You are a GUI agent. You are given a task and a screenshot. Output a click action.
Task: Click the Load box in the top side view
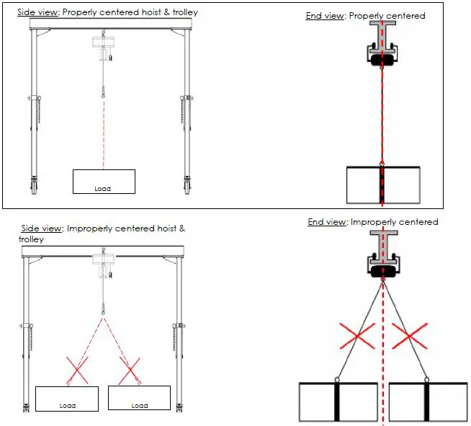click(x=104, y=182)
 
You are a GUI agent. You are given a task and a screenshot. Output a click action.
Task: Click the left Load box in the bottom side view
click(x=67, y=398)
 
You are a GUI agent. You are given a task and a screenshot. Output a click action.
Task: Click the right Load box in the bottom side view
click(x=139, y=398)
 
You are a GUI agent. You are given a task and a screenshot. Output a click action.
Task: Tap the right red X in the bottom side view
click(x=130, y=370)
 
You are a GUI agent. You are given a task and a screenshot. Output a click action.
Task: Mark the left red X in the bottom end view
click(x=356, y=335)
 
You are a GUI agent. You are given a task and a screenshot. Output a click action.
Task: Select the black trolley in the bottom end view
click(x=382, y=270)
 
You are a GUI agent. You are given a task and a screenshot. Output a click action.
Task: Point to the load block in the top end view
click(x=382, y=185)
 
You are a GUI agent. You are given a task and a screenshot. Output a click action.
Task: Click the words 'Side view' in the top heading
click(x=32, y=12)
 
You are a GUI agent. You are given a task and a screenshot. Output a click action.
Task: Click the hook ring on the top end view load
click(x=382, y=163)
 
